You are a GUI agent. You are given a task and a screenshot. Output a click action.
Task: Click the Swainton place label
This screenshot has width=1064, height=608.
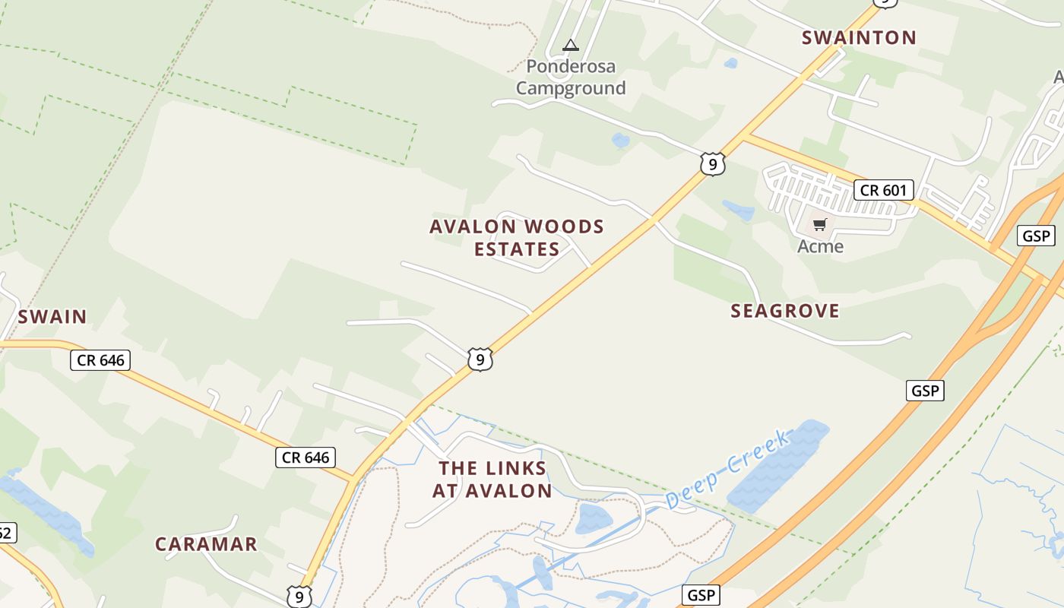(859, 37)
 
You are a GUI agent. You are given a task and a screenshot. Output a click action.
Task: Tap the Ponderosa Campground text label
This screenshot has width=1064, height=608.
(571, 78)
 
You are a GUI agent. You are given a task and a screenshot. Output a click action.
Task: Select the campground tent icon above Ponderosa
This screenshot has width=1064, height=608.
(571, 46)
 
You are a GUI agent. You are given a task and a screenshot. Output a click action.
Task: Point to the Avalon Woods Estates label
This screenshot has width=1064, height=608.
(517, 237)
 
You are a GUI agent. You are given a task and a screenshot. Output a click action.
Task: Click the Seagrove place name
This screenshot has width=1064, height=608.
(785, 310)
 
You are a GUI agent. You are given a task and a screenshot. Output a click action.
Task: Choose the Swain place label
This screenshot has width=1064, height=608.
(52, 316)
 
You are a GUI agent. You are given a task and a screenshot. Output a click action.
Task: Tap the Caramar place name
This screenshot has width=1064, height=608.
(206, 544)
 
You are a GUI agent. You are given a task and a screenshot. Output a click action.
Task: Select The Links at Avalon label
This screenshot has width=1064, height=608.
(492, 479)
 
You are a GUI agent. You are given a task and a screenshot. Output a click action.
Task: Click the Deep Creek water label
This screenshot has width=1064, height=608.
(728, 469)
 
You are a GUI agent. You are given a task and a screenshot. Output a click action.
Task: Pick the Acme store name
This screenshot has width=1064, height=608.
(820, 246)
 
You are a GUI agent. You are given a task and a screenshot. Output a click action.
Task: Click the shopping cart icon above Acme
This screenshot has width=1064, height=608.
(819, 224)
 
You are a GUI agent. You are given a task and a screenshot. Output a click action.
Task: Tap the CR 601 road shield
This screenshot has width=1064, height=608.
(884, 189)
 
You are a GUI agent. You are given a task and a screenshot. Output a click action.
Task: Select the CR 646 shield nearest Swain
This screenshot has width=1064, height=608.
(100, 359)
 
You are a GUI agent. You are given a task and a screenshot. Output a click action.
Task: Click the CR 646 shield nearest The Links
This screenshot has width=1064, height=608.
(305, 457)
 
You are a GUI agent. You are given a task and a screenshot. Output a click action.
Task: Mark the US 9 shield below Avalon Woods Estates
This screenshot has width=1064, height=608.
(480, 359)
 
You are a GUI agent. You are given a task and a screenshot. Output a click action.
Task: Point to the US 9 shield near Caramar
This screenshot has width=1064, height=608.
(299, 597)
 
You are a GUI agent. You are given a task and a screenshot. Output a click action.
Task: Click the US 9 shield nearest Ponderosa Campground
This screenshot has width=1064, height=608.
(712, 163)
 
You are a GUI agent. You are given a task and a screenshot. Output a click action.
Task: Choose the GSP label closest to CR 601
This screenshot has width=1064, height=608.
(1036, 236)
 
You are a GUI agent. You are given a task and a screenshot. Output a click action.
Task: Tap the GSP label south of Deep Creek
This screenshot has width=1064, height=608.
(700, 594)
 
